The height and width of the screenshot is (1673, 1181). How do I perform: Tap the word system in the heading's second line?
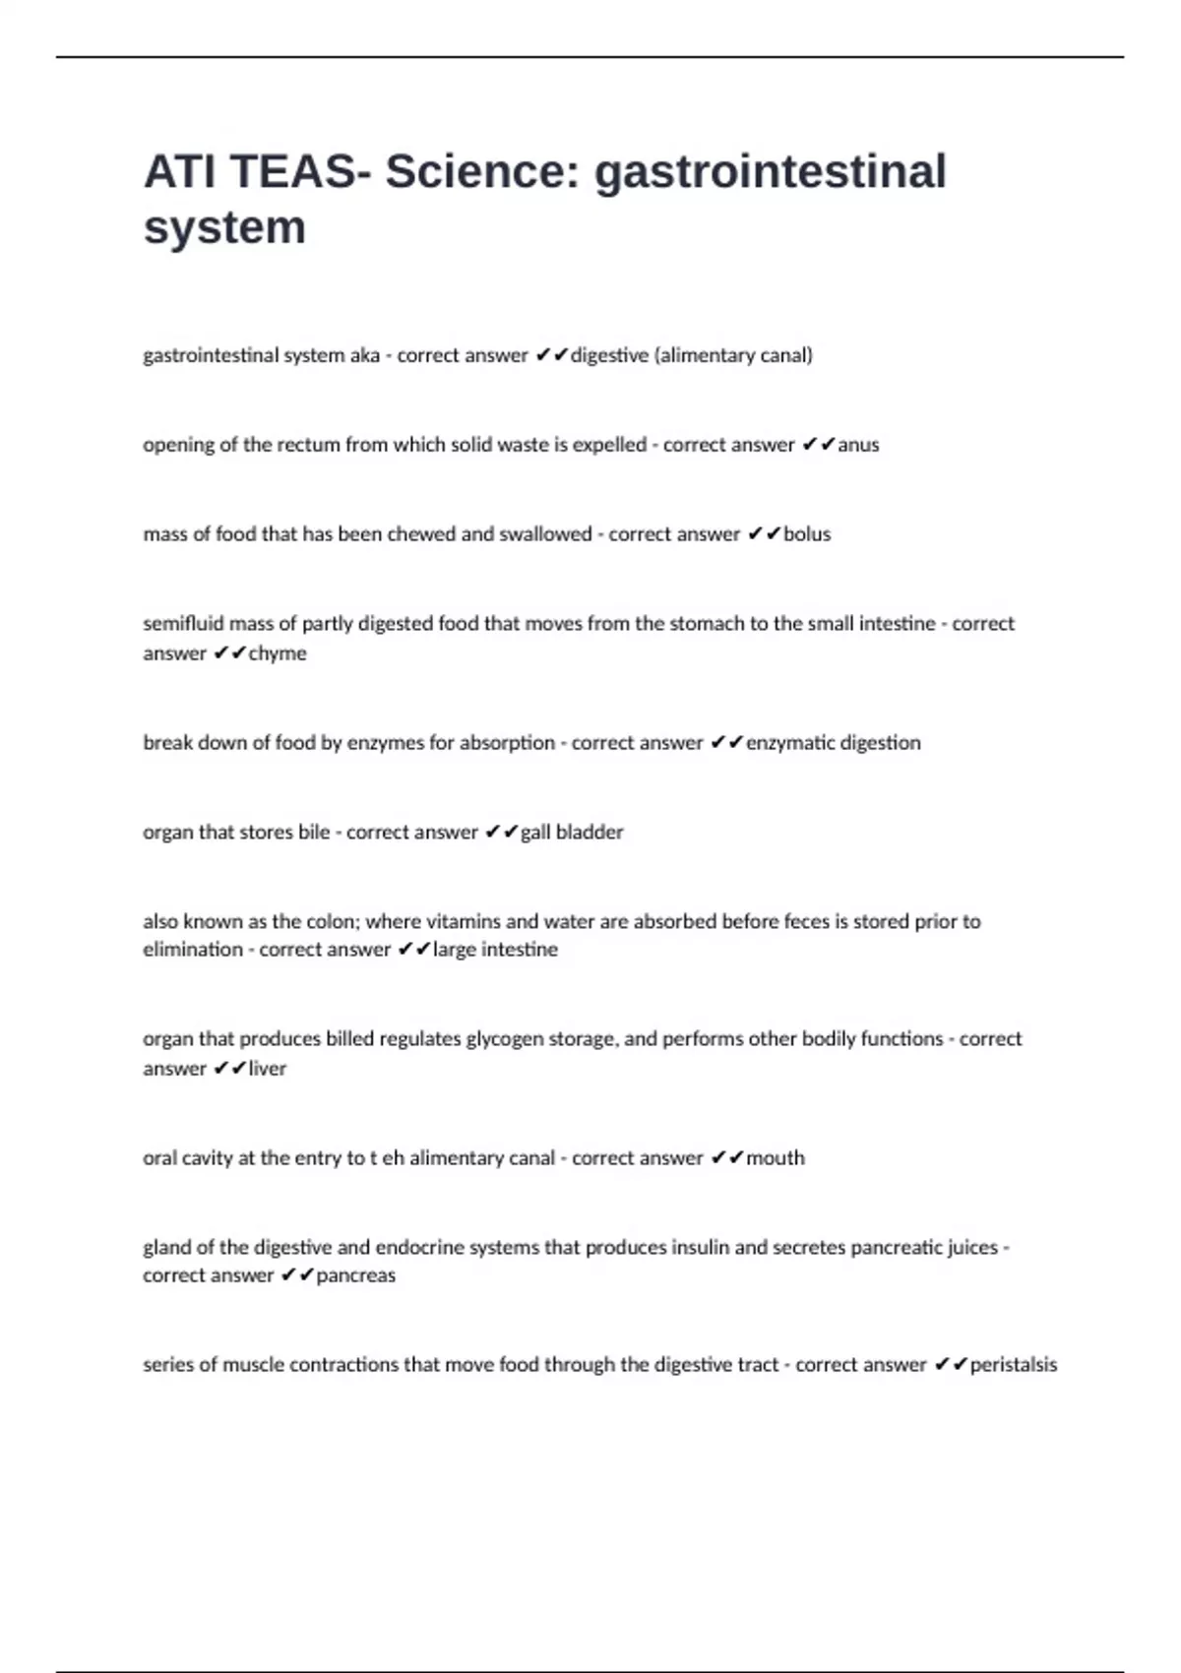(224, 227)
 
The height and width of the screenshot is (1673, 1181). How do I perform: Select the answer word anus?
(858, 445)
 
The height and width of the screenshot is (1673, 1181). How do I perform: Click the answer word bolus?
(807, 534)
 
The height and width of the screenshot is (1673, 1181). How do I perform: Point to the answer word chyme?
(278, 653)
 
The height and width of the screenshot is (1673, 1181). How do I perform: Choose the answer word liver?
(267, 1069)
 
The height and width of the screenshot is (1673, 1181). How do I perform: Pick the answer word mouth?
(776, 1158)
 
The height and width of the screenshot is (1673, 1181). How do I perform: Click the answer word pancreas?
(355, 1275)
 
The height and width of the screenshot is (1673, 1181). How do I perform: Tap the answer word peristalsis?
(1014, 1365)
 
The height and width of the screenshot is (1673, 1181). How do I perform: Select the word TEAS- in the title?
(300, 171)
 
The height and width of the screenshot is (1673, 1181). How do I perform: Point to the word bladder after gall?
(590, 833)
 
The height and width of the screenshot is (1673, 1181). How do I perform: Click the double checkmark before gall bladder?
(501, 833)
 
